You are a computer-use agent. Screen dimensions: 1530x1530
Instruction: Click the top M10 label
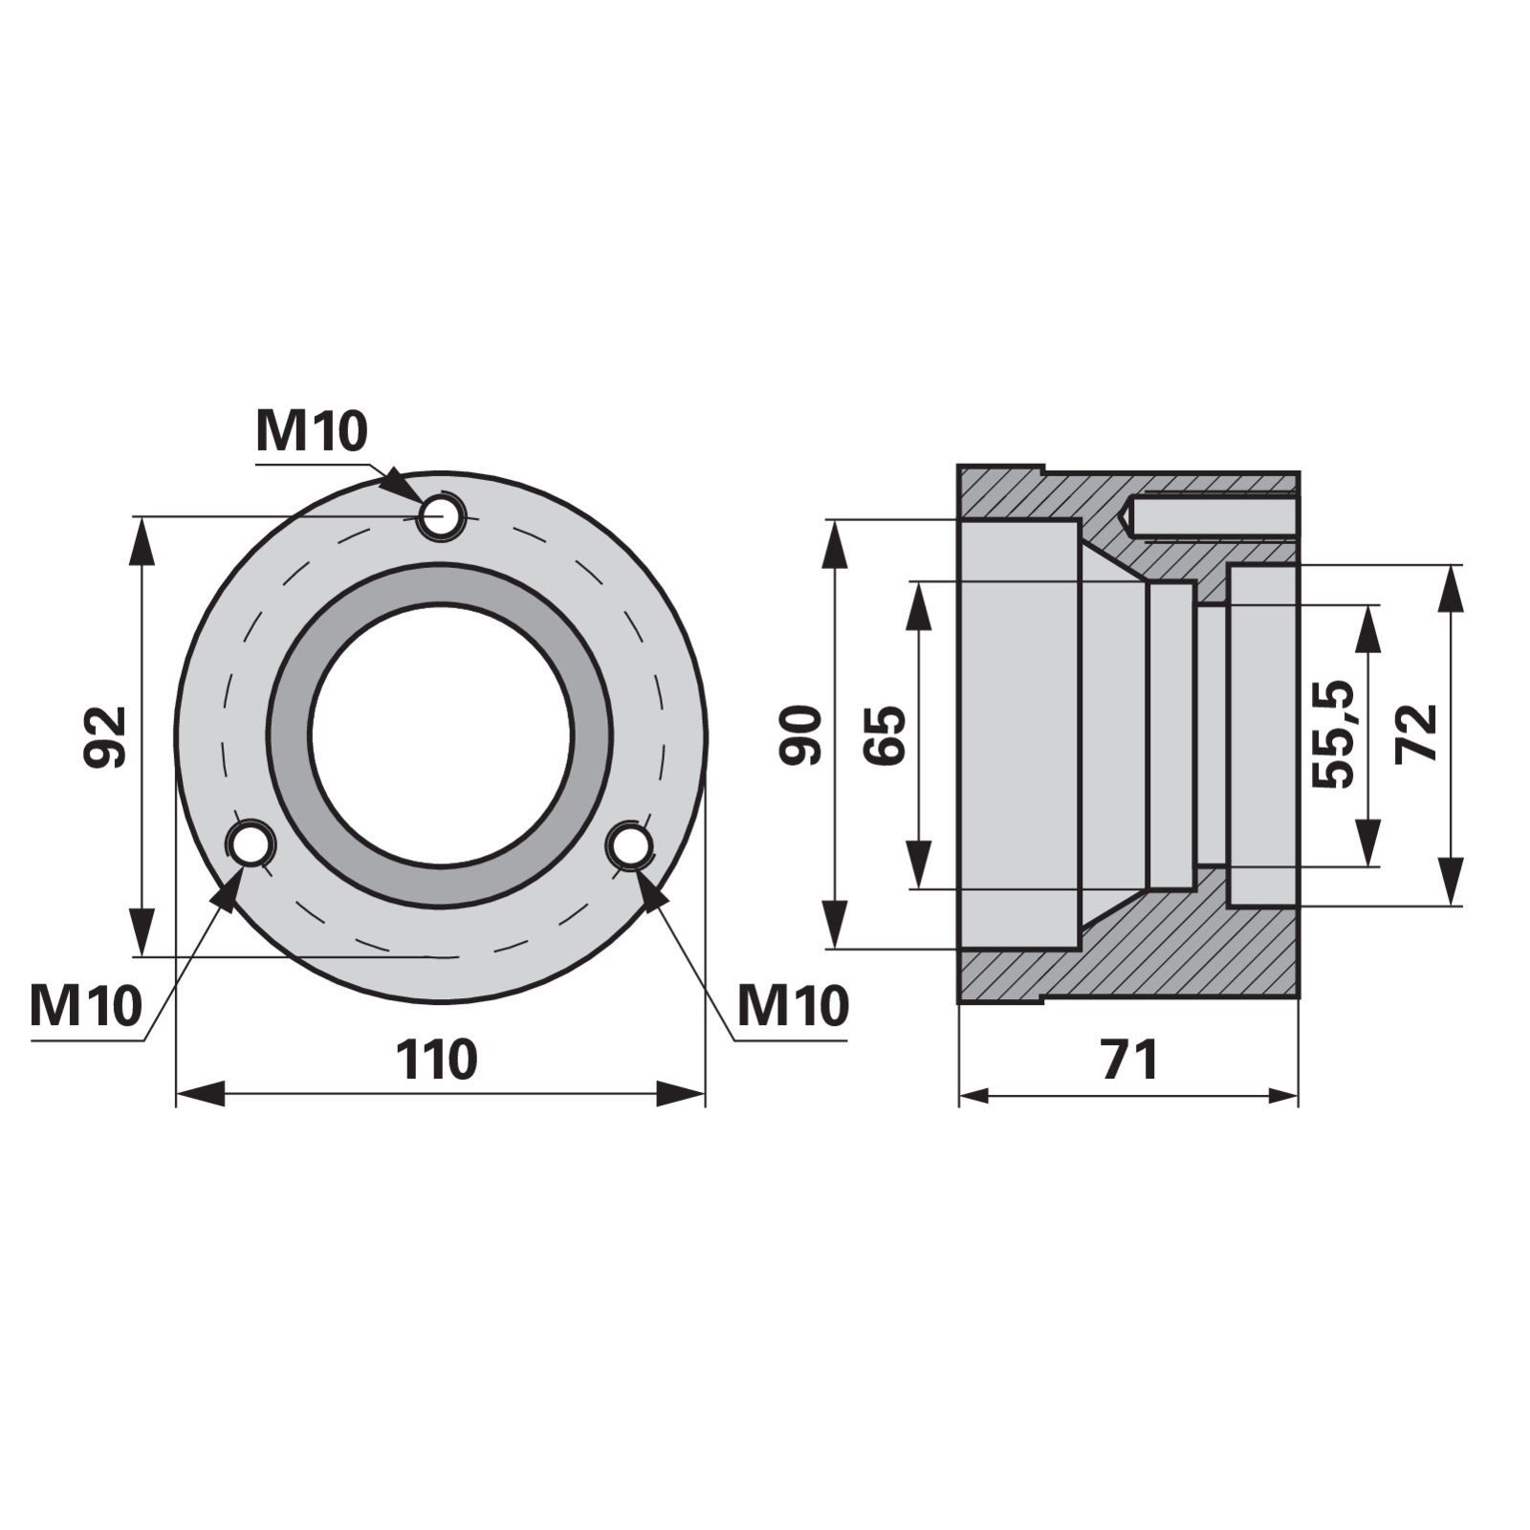312,431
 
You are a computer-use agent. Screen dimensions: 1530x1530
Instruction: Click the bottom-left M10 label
86,1005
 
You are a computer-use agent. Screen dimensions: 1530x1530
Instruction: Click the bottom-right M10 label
794,1005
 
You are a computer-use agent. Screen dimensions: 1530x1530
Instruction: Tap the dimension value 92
105,736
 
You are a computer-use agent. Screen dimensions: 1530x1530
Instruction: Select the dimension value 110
437,1060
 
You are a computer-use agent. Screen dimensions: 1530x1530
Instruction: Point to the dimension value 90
800,734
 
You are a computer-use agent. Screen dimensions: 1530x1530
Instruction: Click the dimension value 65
885,734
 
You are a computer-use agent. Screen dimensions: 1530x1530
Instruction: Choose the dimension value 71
1129,1060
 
